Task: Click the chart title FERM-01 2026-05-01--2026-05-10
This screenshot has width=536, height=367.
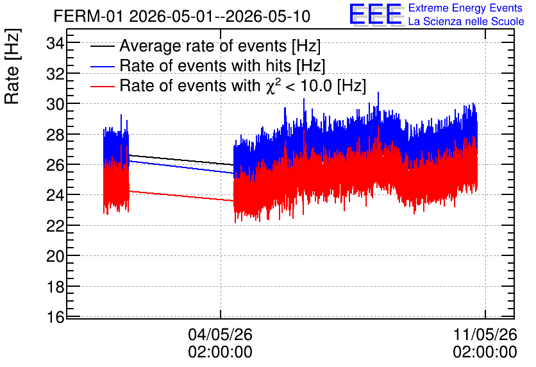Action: click(182, 16)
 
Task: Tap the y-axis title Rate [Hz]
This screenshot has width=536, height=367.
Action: click(12, 66)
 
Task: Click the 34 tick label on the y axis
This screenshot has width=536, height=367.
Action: click(55, 44)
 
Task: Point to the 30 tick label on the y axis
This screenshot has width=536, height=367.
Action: click(55, 104)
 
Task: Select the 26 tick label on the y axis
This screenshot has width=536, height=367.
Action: click(55, 165)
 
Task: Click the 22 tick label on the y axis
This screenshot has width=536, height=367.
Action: click(55, 226)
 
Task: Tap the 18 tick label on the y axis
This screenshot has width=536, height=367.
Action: click(55, 287)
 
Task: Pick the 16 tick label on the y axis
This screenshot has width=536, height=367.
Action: click(55, 317)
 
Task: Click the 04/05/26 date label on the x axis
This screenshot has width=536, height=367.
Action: click(220, 334)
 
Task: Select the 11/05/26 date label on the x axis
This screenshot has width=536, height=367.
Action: click(485, 334)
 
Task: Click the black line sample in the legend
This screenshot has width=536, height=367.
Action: click(103, 46)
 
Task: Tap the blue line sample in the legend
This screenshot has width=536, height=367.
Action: click(103, 66)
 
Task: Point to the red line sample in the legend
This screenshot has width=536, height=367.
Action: click(103, 86)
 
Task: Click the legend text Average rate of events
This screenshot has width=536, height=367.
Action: click(203, 46)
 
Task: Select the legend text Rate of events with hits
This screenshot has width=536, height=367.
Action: click(205, 65)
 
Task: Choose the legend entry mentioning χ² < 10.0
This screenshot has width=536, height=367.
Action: click(243, 85)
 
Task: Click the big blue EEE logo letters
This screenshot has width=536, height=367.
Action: click(376, 14)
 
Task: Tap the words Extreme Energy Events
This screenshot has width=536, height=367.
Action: click(465, 8)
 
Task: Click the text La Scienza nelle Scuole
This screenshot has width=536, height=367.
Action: click(466, 22)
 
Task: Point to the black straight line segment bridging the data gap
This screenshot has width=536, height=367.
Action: click(181, 160)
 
